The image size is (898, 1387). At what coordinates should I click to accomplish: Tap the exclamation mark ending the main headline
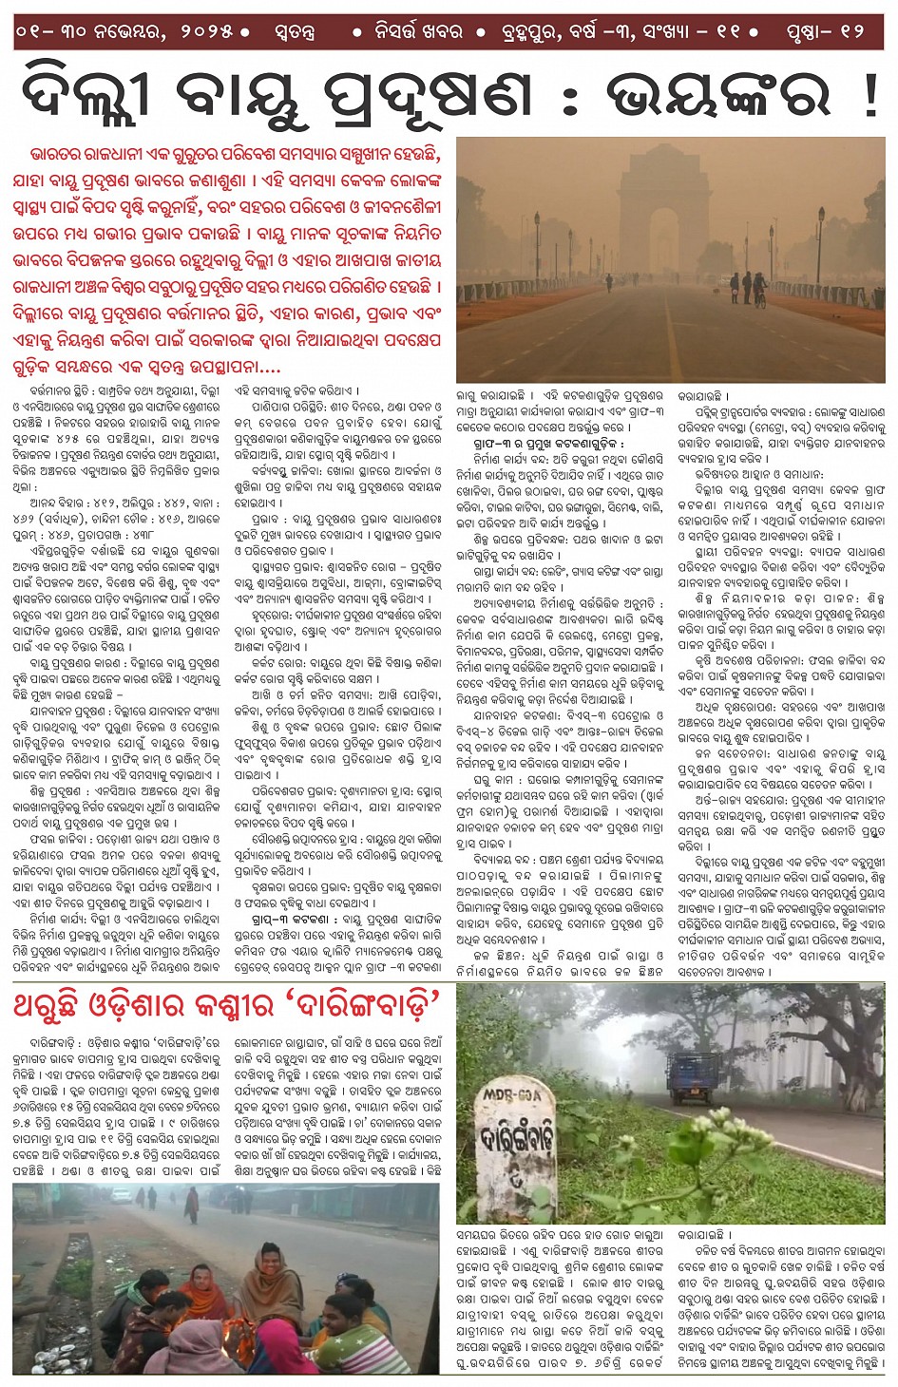click(869, 96)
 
